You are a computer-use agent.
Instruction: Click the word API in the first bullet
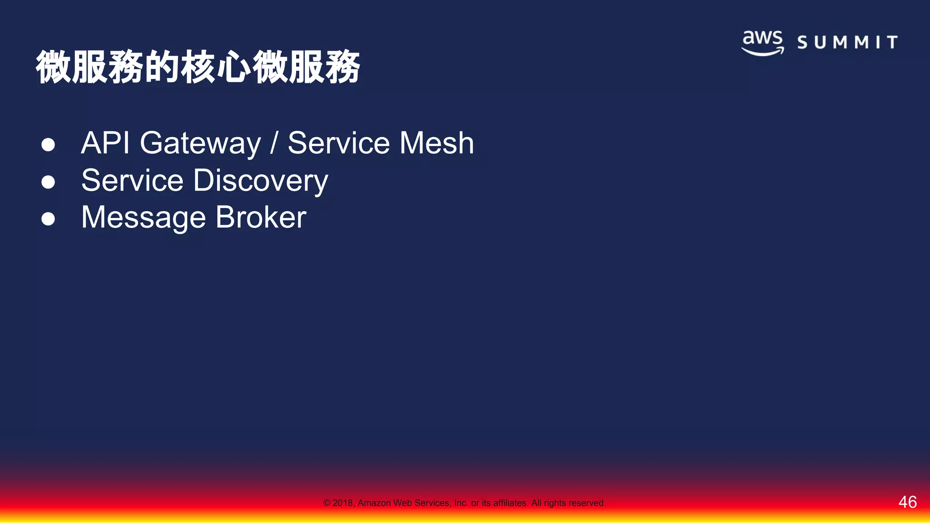(x=105, y=143)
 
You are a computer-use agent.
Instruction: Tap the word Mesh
(x=437, y=143)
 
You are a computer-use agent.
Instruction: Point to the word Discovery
(x=260, y=181)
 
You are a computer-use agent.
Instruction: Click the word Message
(x=143, y=218)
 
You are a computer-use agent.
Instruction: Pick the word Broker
(x=261, y=217)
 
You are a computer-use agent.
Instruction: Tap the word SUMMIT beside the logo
(x=847, y=42)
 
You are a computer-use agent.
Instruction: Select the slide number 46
(x=907, y=502)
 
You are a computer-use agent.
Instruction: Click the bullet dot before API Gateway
(x=48, y=145)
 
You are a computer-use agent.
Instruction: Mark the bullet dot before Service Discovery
(x=48, y=182)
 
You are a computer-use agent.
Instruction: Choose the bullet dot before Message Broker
(x=48, y=219)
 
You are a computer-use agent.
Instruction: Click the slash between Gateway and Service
(x=273, y=143)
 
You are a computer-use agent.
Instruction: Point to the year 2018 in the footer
(x=342, y=503)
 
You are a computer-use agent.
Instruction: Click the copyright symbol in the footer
(x=326, y=503)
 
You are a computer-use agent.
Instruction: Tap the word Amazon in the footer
(x=374, y=503)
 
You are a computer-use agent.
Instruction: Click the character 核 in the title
(x=198, y=67)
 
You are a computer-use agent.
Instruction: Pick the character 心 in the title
(x=234, y=67)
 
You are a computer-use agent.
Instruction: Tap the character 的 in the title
(x=162, y=67)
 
